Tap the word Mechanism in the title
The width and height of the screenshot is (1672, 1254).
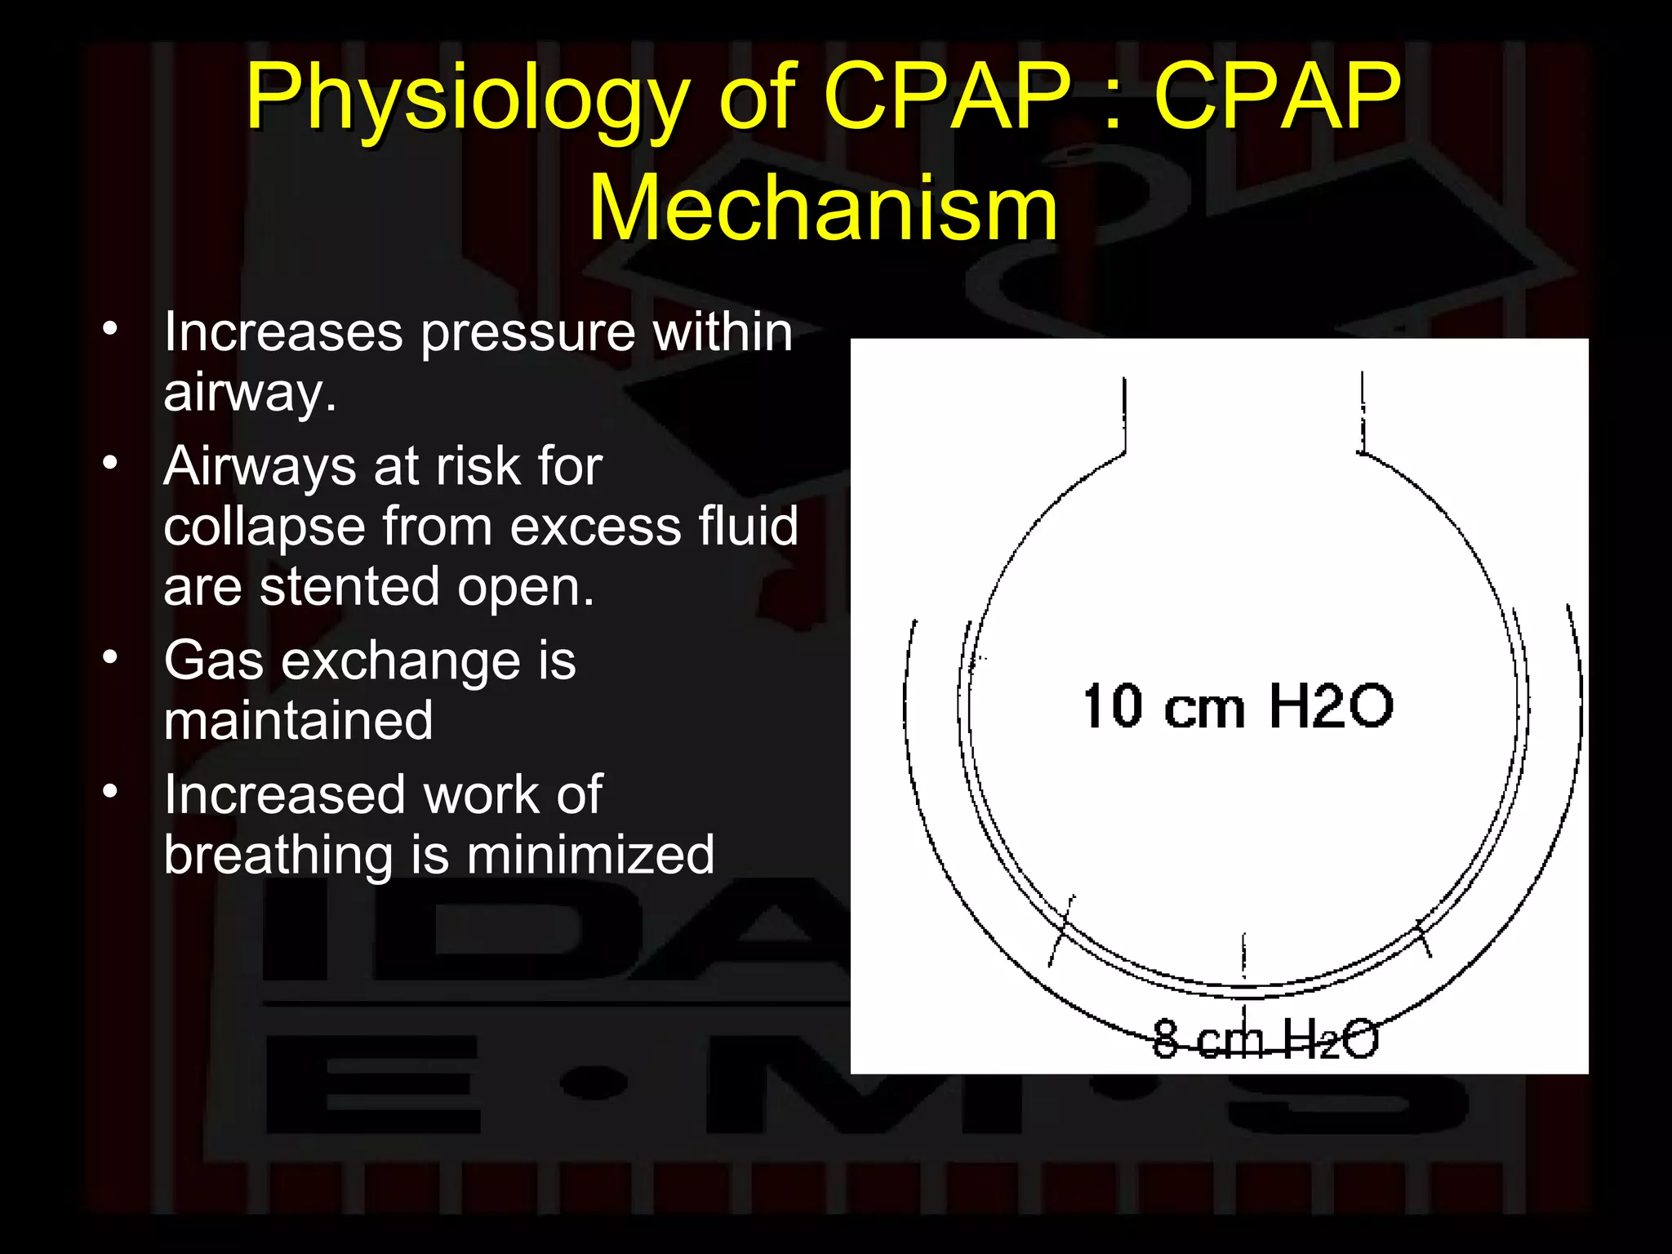point(823,208)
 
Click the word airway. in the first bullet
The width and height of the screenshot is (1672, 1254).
point(249,394)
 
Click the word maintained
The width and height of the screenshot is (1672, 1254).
point(298,721)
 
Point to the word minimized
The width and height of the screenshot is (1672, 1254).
point(590,856)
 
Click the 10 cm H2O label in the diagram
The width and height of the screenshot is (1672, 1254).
point(1237,706)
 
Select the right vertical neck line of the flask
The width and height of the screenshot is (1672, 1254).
point(1362,412)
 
